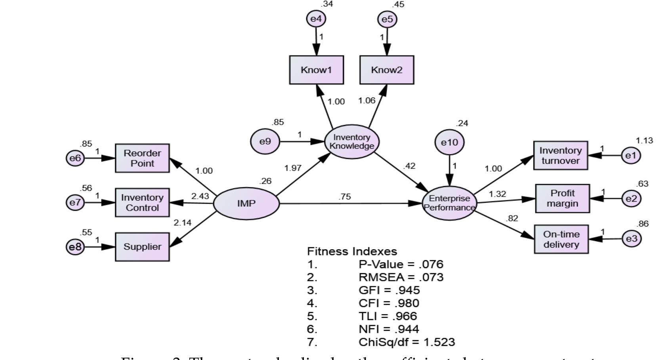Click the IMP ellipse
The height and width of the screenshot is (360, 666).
(x=246, y=204)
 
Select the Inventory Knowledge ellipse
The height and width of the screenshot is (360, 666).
(x=352, y=142)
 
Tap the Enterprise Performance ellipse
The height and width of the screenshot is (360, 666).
(x=449, y=203)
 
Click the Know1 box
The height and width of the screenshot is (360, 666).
(x=316, y=70)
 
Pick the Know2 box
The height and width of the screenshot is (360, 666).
(x=387, y=70)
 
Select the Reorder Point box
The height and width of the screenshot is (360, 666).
(x=142, y=158)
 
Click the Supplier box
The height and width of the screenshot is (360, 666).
(x=142, y=247)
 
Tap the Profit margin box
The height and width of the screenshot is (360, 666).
(x=562, y=198)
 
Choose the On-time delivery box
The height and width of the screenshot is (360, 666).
(x=561, y=239)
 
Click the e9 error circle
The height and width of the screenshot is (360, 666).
(x=265, y=141)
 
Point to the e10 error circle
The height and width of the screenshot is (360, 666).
(x=449, y=142)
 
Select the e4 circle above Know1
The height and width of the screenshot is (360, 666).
(x=316, y=19)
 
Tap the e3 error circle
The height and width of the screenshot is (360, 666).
(x=632, y=239)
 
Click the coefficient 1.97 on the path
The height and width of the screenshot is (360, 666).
(x=293, y=168)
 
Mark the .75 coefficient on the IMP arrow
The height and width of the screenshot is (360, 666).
(x=345, y=197)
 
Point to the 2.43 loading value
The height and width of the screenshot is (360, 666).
(x=200, y=196)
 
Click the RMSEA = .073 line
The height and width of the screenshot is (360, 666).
(x=401, y=277)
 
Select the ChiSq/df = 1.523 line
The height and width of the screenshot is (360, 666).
(x=406, y=342)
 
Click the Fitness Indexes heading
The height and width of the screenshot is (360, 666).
(x=352, y=251)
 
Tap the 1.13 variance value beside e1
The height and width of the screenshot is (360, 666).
(x=644, y=141)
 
